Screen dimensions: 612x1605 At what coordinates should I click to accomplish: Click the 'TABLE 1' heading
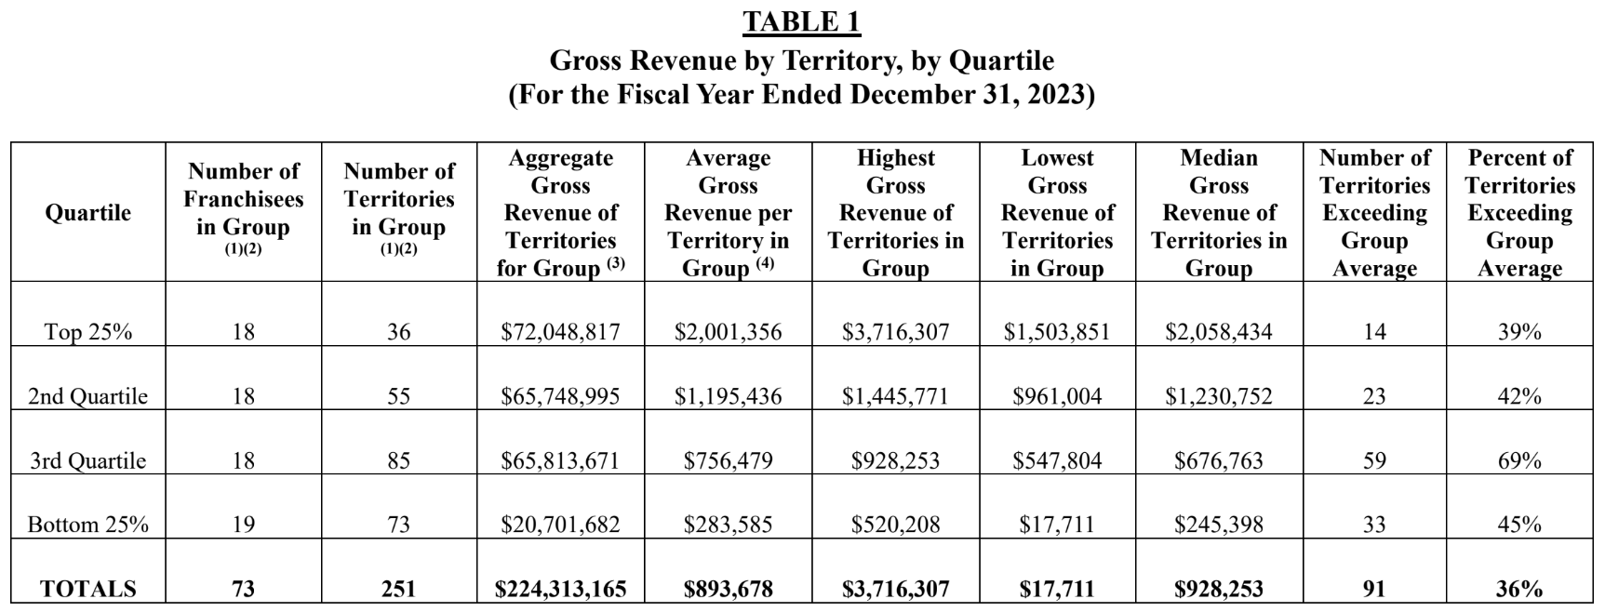click(x=801, y=22)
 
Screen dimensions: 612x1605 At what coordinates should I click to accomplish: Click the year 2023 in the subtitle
click(x=1056, y=95)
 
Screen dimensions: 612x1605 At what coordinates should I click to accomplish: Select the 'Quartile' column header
click(x=88, y=213)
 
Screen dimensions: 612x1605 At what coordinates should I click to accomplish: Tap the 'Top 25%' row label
click(x=88, y=332)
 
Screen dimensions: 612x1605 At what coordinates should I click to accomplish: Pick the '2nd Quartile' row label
click(x=88, y=396)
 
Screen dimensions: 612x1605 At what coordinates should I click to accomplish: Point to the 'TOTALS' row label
click(x=88, y=589)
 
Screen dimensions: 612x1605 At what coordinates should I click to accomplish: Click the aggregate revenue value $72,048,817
click(x=560, y=332)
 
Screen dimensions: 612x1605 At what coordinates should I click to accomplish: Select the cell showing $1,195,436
click(x=728, y=396)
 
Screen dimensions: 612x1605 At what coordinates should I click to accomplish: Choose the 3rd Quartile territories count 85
click(x=398, y=460)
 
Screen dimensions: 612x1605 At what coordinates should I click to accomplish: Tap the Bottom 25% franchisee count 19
click(x=243, y=525)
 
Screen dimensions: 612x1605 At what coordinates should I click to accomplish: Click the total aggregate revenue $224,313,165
click(x=560, y=589)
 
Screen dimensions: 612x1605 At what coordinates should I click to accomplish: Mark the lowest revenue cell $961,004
click(x=1057, y=396)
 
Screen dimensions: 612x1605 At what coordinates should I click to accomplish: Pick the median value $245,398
click(x=1218, y=525)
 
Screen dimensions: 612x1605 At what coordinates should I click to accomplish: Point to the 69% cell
click(x=1518, y=460)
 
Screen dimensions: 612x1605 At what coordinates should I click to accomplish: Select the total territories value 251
click(x=398, y=589)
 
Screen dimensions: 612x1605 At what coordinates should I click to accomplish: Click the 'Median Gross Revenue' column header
click(x=1218, y=213)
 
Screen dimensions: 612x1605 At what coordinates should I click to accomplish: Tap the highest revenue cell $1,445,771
click(x=895, y=396)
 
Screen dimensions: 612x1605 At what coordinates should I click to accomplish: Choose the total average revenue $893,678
click(x=728, y=589)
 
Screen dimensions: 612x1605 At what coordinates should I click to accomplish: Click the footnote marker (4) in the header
click(x=765, y=263)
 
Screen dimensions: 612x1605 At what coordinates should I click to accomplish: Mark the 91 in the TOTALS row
click(x=1374, y=589)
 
